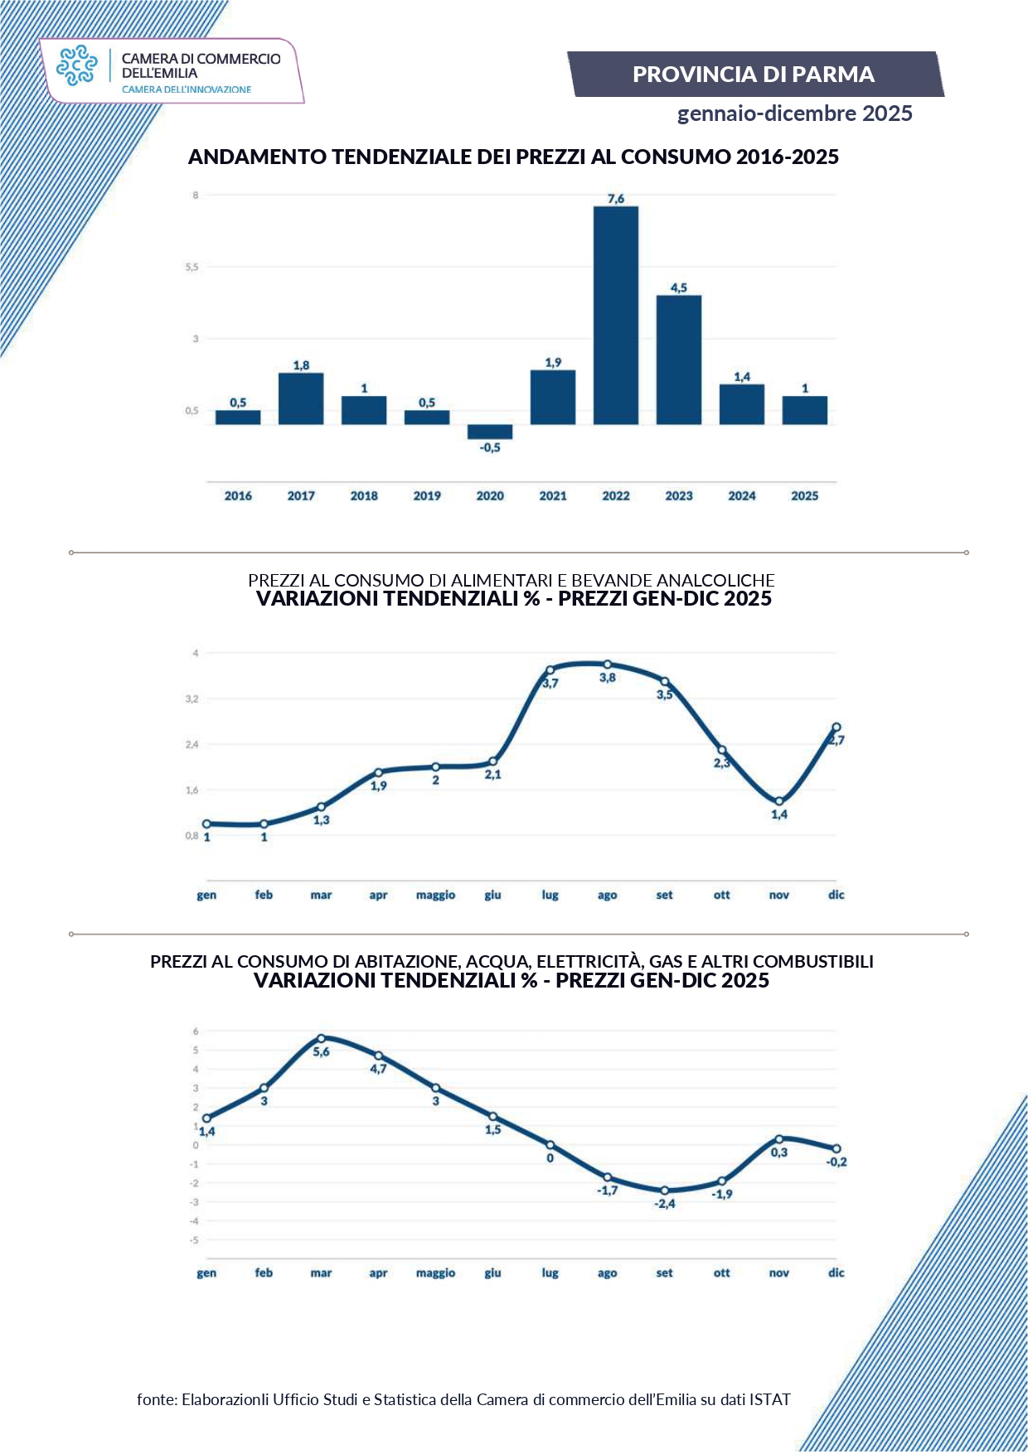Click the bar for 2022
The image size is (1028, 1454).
[615, 315]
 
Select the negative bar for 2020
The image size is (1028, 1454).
[490, 432]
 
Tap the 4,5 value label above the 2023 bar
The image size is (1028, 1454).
[678, 287]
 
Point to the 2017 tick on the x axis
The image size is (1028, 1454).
[301, 495]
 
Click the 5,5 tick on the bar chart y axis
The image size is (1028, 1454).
[192, 267]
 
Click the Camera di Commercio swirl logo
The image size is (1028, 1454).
[76, 66]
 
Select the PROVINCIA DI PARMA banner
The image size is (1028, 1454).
[754, 75]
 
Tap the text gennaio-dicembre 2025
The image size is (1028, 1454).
[794, 114]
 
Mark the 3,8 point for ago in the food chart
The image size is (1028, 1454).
[608, 664]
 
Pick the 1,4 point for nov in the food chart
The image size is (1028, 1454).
[779, 801]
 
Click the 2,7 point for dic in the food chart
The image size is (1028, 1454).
[836, 727]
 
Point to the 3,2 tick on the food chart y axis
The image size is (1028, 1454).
[192, 699]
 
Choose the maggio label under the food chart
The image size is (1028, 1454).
[435, 895]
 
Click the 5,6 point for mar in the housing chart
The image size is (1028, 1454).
[321, 1038]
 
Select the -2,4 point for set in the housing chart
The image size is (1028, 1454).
[665, 1191]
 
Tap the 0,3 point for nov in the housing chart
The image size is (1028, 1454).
[779, 1139]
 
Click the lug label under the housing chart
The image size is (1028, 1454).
[550, 1273]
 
